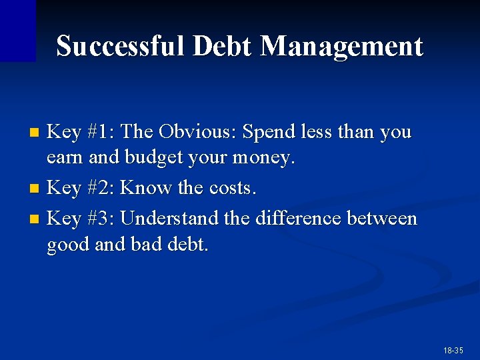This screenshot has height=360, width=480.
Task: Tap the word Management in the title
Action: tap(341, 47)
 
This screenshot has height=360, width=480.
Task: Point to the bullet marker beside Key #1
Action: tap(37, 133)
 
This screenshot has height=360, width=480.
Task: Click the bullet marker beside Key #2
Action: tap(37, 189)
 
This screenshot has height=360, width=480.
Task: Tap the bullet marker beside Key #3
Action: tap(37, 219)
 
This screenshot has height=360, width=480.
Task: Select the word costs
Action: tap(233, 189)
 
